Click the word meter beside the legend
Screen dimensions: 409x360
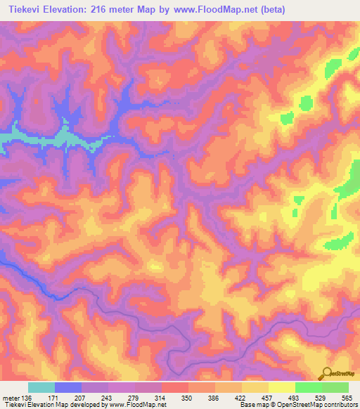pos(11,398)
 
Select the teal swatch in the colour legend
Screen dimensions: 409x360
pos(41,387)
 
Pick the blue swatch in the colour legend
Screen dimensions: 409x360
pos(68,387)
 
